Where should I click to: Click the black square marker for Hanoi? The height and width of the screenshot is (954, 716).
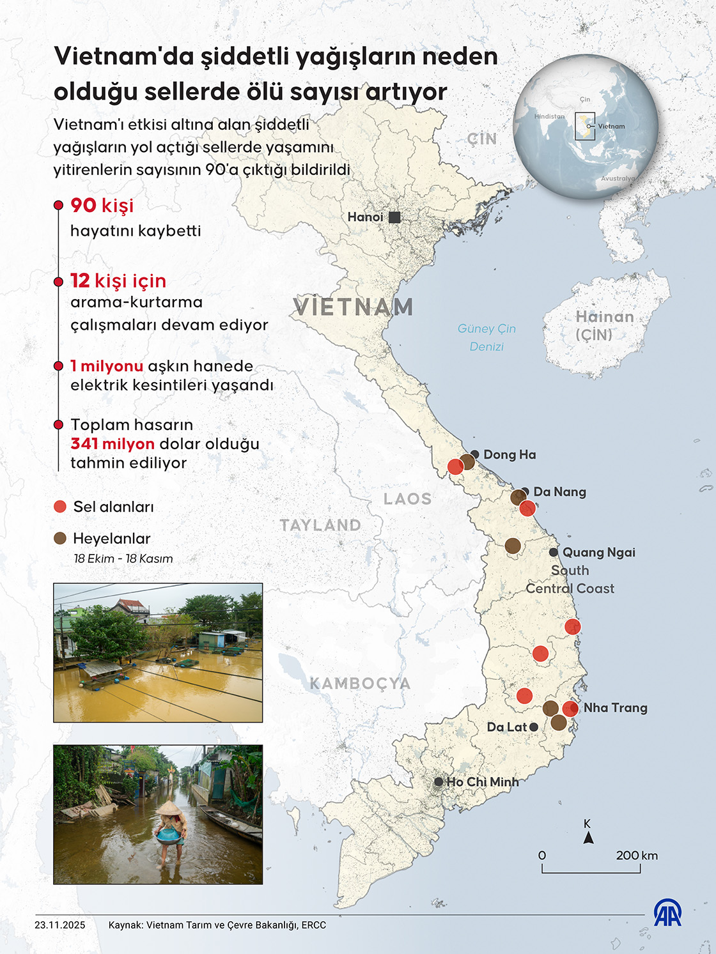[394, 217]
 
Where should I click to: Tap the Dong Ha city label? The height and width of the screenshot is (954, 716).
[510, 455]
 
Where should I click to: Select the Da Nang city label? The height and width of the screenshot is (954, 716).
[559, 492]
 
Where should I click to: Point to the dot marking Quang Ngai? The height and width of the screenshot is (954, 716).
[554, 552]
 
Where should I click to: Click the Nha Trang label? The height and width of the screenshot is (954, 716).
[615, 708]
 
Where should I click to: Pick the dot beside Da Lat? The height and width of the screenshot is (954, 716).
[534, 727]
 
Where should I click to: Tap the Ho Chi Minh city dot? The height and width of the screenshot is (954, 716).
[439, 781]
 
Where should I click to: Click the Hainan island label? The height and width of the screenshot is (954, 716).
[604, 325]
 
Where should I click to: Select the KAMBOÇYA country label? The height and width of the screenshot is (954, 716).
[360, 684]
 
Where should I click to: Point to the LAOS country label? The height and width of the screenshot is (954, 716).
[407, 499]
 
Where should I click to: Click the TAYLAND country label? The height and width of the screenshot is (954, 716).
[320, 525]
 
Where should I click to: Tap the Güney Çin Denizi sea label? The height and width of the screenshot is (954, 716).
[486, 337]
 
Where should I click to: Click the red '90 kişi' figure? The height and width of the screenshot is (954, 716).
[102, 206]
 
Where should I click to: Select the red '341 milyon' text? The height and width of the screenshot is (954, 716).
[113, 444]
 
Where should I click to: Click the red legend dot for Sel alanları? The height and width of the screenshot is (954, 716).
[60, 507]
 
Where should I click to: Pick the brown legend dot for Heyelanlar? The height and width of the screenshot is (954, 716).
[60, 539]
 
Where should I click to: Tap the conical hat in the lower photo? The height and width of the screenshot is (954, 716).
[169, 810]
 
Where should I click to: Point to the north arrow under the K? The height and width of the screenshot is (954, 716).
[588, 838]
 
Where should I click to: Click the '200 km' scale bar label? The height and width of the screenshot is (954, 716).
[637, 856]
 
